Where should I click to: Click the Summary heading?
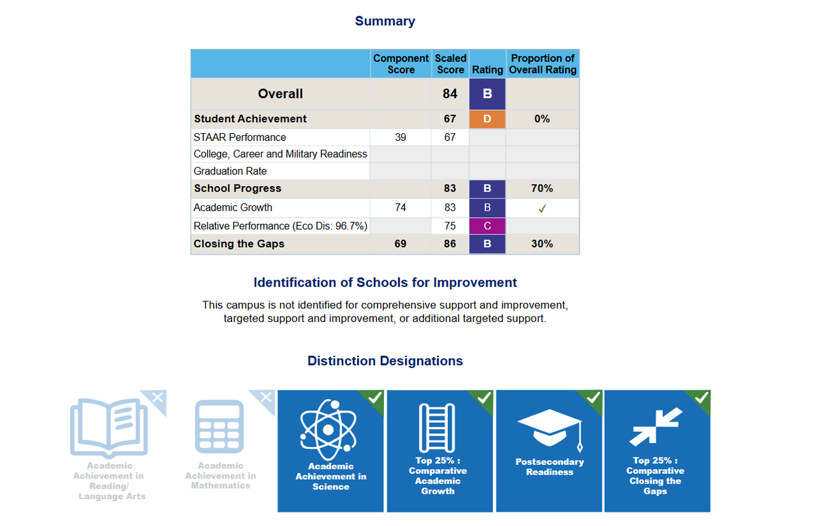coord(385,21)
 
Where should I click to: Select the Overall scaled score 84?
coord(450,94)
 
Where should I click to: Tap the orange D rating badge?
coord(488,119)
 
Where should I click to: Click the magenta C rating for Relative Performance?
coord(488,226)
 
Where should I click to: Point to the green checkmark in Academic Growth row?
coord(542,208)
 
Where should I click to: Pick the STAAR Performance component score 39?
coord(400,137)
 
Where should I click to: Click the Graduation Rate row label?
coord(230,171)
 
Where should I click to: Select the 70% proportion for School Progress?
coord(542,188)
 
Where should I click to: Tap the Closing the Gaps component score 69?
coord(400,244)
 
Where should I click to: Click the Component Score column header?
coord(401,64)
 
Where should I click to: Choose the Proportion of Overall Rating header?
coord(542,64)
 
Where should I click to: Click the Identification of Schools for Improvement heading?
coord(385,282)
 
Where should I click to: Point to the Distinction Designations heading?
coord(385,361)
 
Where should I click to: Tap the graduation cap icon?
coord(549,426)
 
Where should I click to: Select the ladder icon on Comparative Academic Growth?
coord(437,426)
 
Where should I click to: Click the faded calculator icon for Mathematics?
coord(220,426)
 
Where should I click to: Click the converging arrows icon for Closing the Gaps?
coord(656,426)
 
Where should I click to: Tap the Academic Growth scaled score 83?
coord(450,207)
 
